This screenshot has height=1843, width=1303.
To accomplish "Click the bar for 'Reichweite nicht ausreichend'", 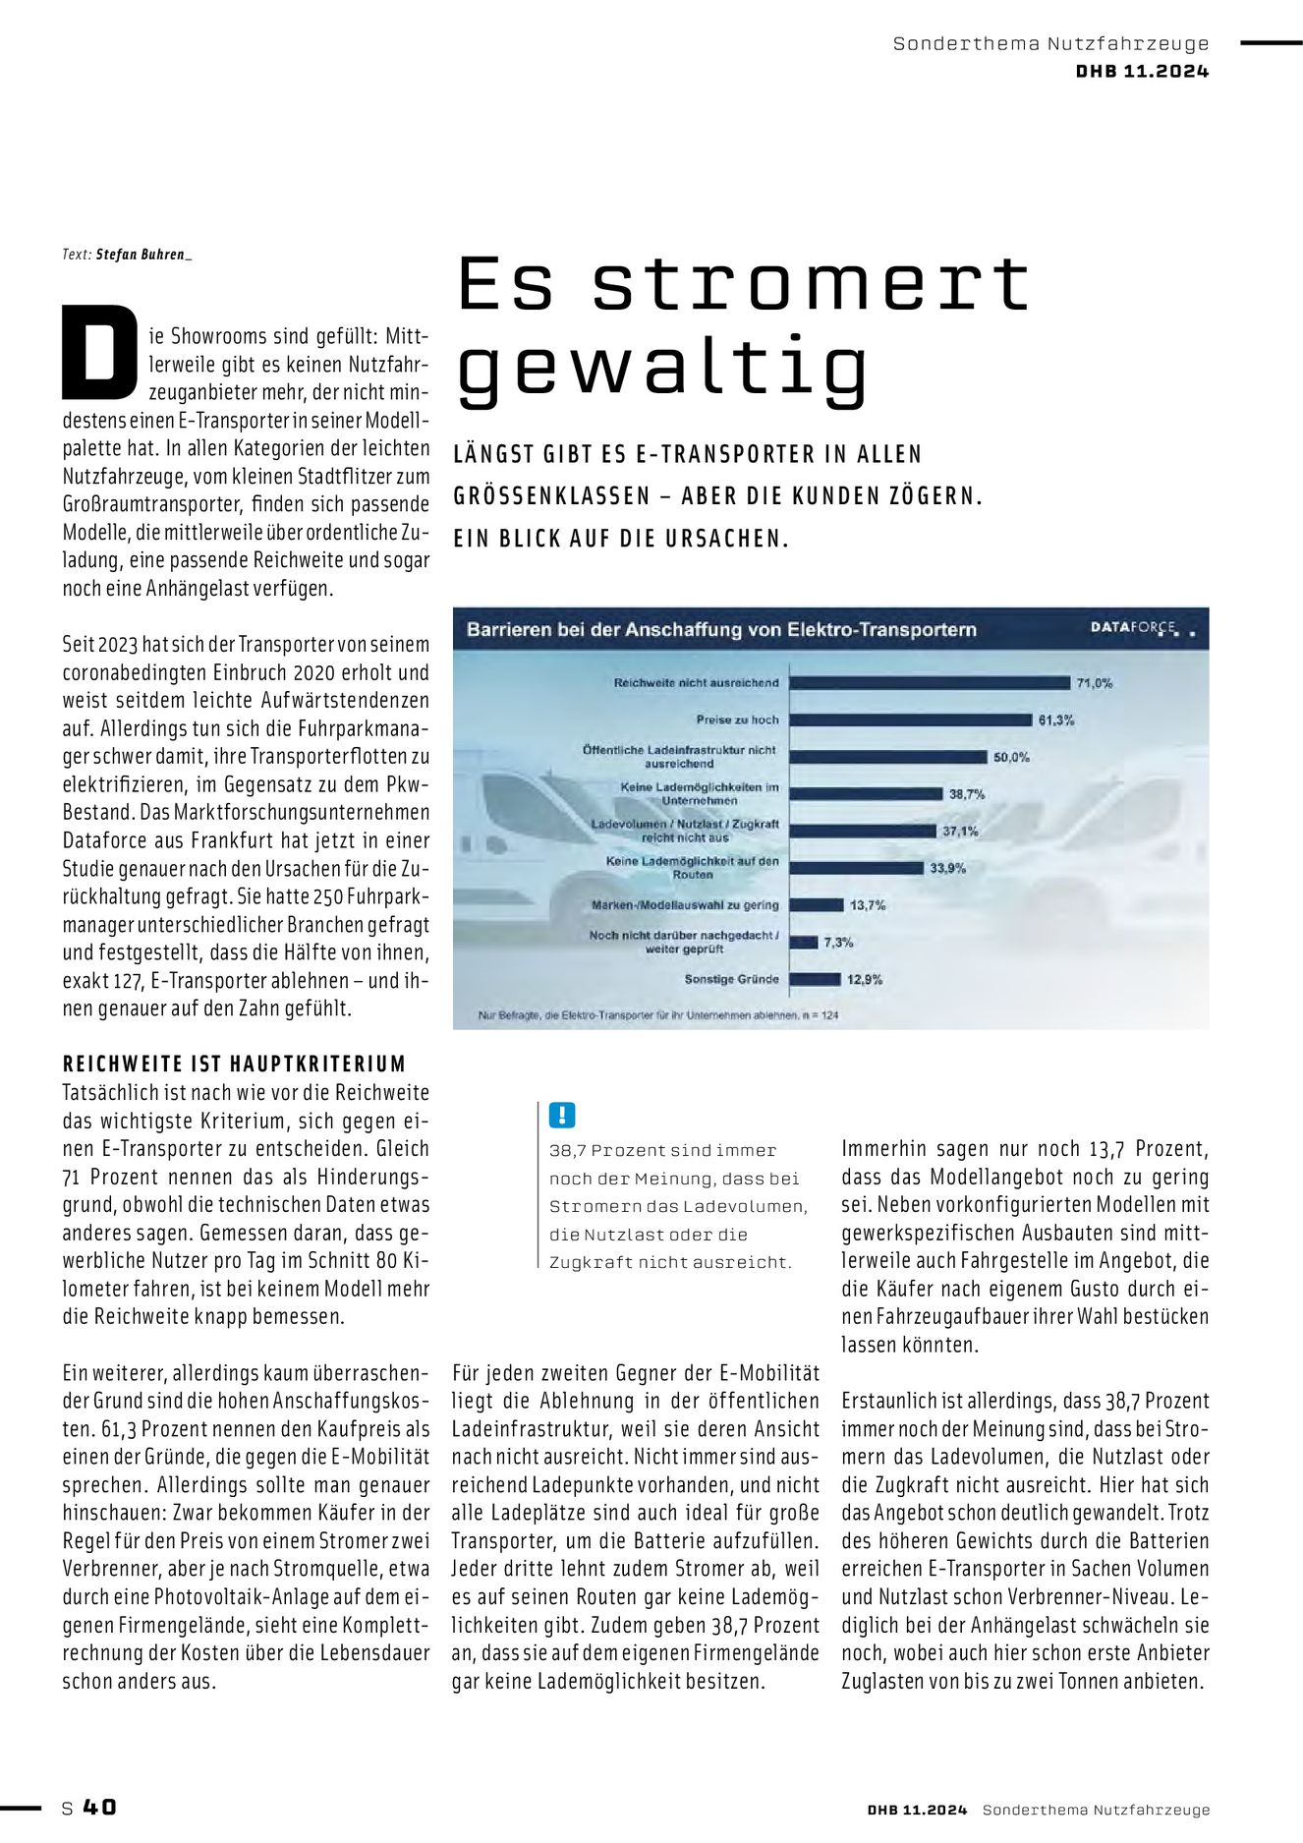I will point(929,682).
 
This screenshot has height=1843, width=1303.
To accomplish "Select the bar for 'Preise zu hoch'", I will point(910,720).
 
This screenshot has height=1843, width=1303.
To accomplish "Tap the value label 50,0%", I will point(1011,757).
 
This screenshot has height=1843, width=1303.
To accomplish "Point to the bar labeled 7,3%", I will point(804,942).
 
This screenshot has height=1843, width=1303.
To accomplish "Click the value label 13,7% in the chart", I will point(868,905).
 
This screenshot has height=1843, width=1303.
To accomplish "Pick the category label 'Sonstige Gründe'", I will point(731,979).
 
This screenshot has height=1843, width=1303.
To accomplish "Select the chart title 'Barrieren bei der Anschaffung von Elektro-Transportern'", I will point(721,630).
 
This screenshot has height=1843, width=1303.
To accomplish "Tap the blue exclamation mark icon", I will point(561,1115).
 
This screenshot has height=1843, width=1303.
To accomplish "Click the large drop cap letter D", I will point(99,353).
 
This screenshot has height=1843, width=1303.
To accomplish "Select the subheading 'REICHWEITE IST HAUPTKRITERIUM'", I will point(234,1064).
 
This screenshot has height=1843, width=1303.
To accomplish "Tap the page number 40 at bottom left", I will point(99,1807).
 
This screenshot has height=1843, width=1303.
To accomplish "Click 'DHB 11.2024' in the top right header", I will point(1142,71).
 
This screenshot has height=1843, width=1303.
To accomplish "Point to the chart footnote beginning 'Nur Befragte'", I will point(658,1014).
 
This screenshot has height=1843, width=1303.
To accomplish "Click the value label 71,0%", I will point(1094,683).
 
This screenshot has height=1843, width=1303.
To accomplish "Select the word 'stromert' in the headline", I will point(811,284).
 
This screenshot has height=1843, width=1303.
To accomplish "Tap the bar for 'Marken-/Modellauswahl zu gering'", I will point(816,905).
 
